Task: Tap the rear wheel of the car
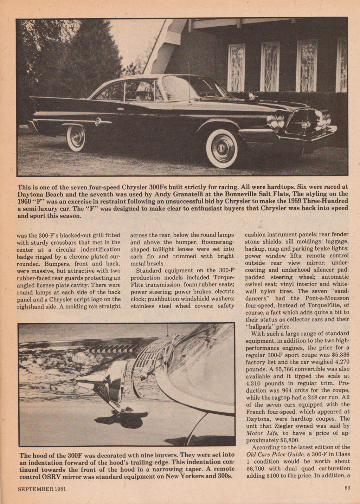click(76, 138)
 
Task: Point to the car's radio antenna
click(189, 84)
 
